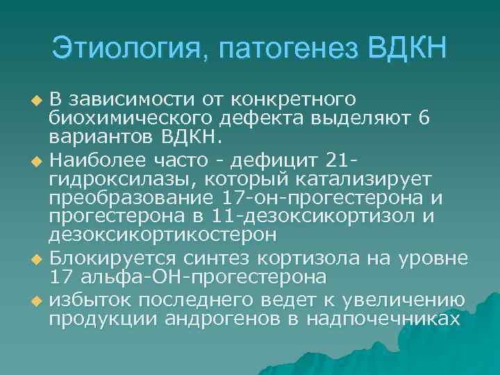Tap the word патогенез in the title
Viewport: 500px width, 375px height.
coord(287,49)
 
